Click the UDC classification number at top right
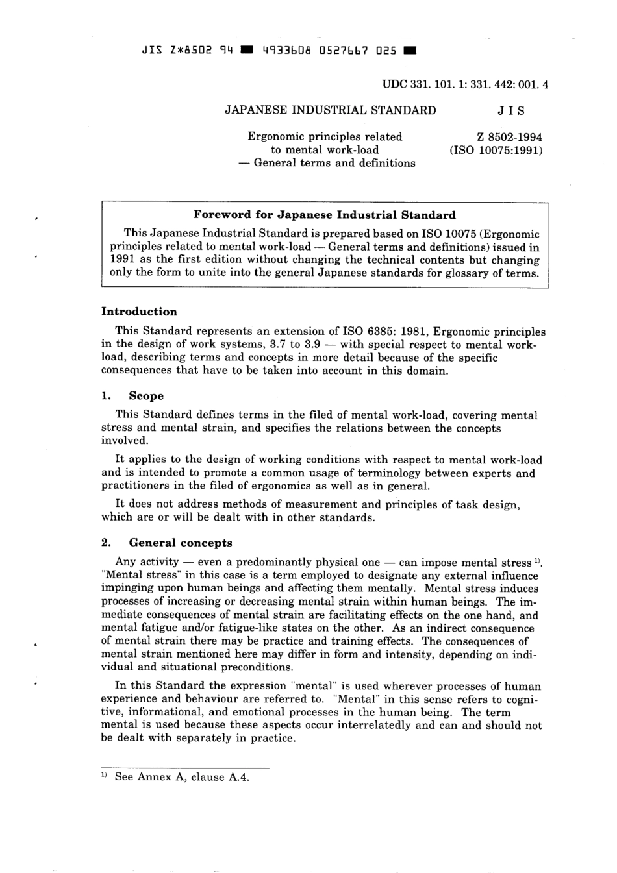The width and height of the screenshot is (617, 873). pyautogui.click(x=465, y=84)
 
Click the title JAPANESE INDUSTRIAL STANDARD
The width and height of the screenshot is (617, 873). pyautogui.click(x=330, y=110)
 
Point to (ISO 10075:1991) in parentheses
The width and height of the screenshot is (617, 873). pyautogui.click(x=496, y=150)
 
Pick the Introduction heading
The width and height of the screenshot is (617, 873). pyautogui.click(x=139, y=312)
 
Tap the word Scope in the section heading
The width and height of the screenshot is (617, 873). pyautogui.click(x=146, y=396)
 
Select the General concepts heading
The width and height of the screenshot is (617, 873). pyautogui.click(x=180, y=543)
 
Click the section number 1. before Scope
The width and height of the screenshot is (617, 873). pyautogui.click(x=107, y=396)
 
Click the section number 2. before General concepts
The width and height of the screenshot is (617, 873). pyautogui.click(x=107, y=543)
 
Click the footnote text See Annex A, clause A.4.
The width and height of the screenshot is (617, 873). pyautogui.click(x=182, y=777)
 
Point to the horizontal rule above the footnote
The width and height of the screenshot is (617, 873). pyautogui.click(x=185, y=767)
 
